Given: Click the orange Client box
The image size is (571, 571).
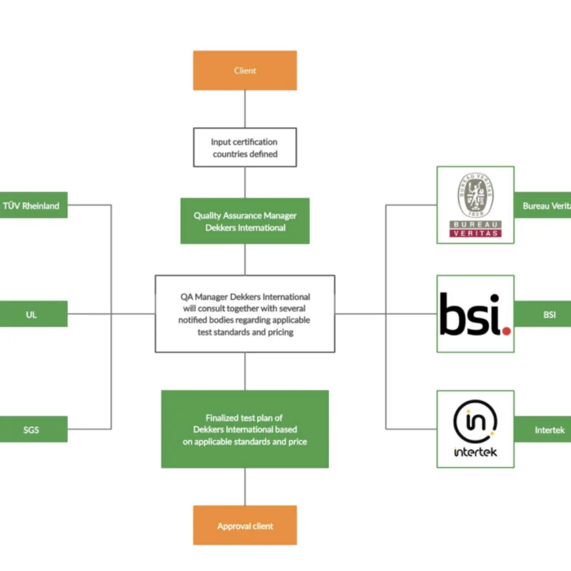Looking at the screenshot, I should (x=245, y=71).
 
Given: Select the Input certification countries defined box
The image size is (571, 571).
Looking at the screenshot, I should (x=245, y=148).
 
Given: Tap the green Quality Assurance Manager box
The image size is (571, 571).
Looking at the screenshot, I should (x=245, y=221).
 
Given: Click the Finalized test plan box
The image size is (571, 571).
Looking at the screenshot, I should (x=245, y=429).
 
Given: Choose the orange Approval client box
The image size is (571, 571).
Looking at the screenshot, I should (x=245, y=526).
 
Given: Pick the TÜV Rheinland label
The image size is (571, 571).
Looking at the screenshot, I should (x=32, y=206).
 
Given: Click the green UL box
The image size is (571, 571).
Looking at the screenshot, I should (x=32, y=315).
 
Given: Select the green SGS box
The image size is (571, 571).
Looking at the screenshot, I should (x=32, y=429).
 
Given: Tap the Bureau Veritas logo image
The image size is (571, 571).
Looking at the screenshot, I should (x=475, y=206).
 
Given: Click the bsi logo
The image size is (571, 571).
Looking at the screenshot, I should (x=475, y=314).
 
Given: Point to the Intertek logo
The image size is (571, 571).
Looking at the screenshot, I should (x=475, y=429).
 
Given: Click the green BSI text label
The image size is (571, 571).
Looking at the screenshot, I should (x=548, y=315).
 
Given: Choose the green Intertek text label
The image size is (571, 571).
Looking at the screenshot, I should (x=548, y=430).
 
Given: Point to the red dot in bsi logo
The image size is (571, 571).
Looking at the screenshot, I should (x=506, y=330).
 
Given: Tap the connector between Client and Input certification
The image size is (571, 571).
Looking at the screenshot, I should (x=245, y=109).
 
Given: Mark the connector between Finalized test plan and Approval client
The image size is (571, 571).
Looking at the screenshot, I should (x=245, y=487).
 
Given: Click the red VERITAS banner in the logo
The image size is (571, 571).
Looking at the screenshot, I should (x=475, y=232).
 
